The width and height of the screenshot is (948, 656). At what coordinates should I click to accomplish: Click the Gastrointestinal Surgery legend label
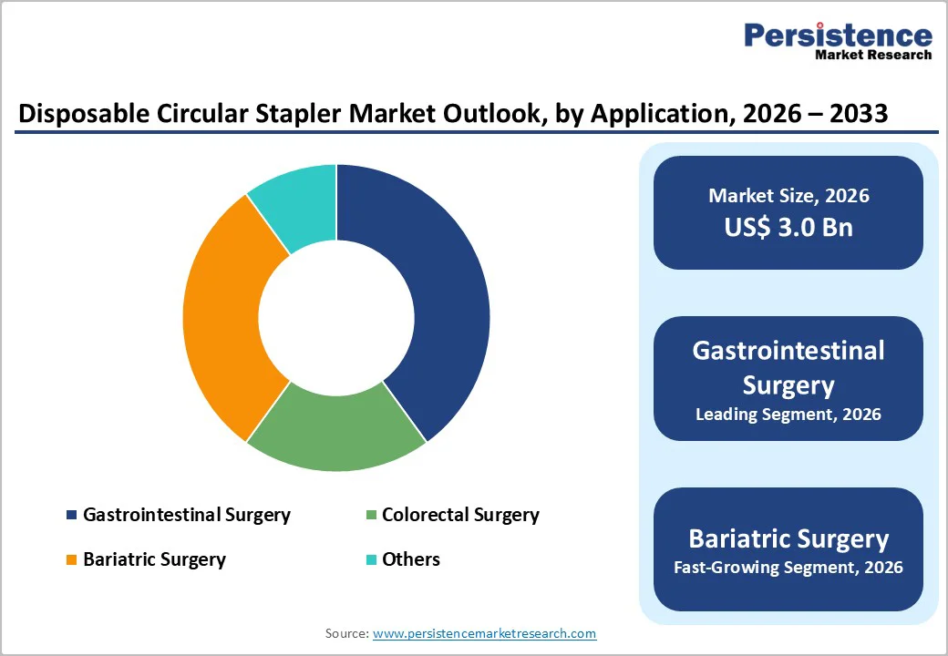tap(186, 515)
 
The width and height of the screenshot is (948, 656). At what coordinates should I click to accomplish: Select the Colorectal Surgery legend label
tap(460, 515)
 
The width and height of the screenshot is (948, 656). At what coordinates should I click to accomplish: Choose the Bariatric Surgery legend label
tap(154, 559)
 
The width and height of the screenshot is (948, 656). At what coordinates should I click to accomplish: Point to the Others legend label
tap(410, 559)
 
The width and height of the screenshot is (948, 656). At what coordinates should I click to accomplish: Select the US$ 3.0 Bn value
tap(788, 227)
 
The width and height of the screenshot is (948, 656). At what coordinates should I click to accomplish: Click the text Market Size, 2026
tap(788, 195)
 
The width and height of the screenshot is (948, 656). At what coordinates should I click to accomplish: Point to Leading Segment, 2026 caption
tap(788, 415)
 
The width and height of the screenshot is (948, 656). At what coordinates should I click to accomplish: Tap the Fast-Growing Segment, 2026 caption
tap(788, 568)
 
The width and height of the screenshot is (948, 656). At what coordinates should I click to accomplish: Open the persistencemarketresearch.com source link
tap(484, 633)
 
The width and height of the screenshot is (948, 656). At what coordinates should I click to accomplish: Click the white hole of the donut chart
tap(335, 317)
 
